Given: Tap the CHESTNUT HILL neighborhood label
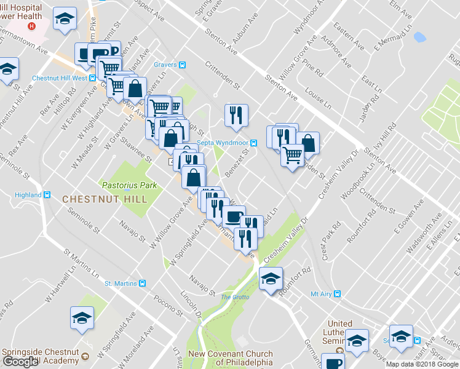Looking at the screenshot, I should tap(105, 199).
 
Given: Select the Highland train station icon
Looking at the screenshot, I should tap(47, 195).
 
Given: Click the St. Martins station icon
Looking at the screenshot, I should tap(143, 284).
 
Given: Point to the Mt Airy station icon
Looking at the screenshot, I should tap(337, 294).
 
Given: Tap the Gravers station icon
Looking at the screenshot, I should tap(183, 65).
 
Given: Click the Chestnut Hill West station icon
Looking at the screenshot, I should tap(92, 78).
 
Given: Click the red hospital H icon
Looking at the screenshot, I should tap(32, 27).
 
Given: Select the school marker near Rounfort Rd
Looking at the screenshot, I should tap(271, 278).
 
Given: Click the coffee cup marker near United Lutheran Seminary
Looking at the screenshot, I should tap(334, 363).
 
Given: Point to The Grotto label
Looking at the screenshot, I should tap(235, 297).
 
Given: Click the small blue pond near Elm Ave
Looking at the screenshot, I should tap(420, 38).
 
